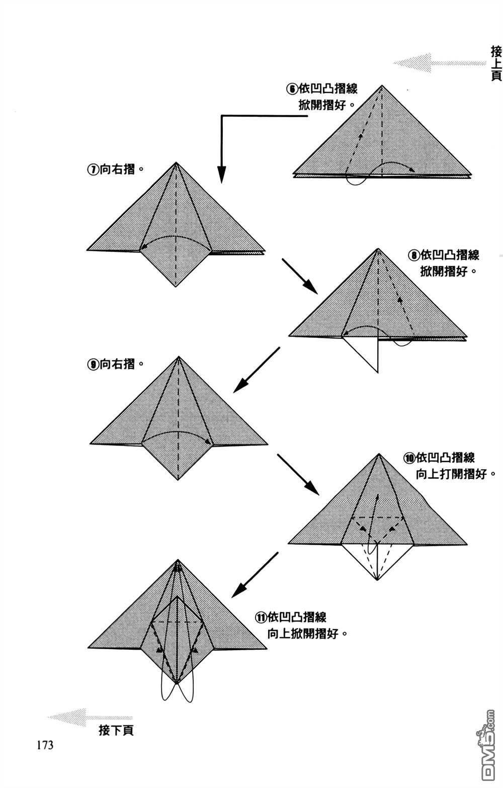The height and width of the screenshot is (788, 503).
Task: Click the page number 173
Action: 45,745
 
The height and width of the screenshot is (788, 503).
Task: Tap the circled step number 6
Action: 292,89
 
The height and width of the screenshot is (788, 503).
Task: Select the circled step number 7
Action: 93,170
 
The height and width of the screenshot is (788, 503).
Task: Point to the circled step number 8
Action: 414,255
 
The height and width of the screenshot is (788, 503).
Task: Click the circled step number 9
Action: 93,365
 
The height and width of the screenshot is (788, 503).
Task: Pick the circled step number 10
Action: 409,459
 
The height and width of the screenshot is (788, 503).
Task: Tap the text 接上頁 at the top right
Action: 496,64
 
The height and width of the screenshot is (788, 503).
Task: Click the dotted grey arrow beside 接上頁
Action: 440,63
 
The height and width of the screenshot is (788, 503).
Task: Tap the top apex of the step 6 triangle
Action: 382,85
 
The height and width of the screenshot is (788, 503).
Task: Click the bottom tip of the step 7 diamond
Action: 176,286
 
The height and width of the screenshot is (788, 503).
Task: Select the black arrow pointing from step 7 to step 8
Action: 300,276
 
